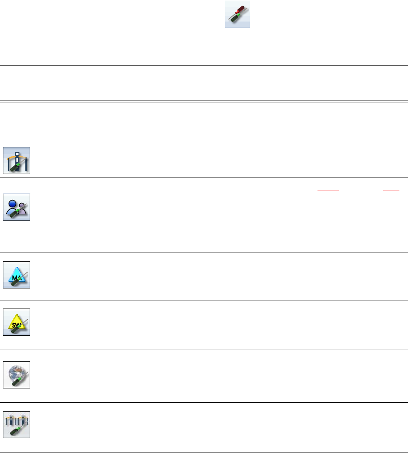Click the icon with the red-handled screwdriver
pos(238,14)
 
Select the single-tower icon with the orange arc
pos(17,160)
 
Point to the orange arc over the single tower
pos(17,154)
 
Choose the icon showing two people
pos(17,207)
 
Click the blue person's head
pos(12,202)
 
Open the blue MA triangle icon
pos(17,275)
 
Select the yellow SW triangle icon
pos(17,322)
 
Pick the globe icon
pos(17,375)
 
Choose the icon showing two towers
pos(17,425)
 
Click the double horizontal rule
pos(204,100)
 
